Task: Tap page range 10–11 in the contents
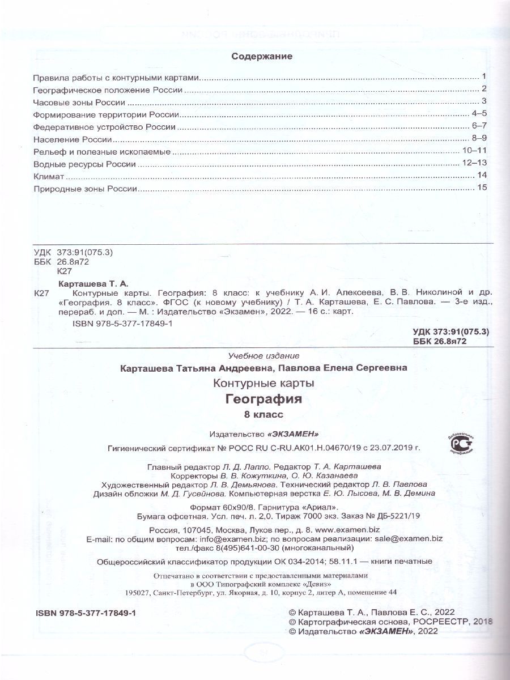[475, 151]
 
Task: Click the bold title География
[263, 399]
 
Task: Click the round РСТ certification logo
[461, 446]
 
